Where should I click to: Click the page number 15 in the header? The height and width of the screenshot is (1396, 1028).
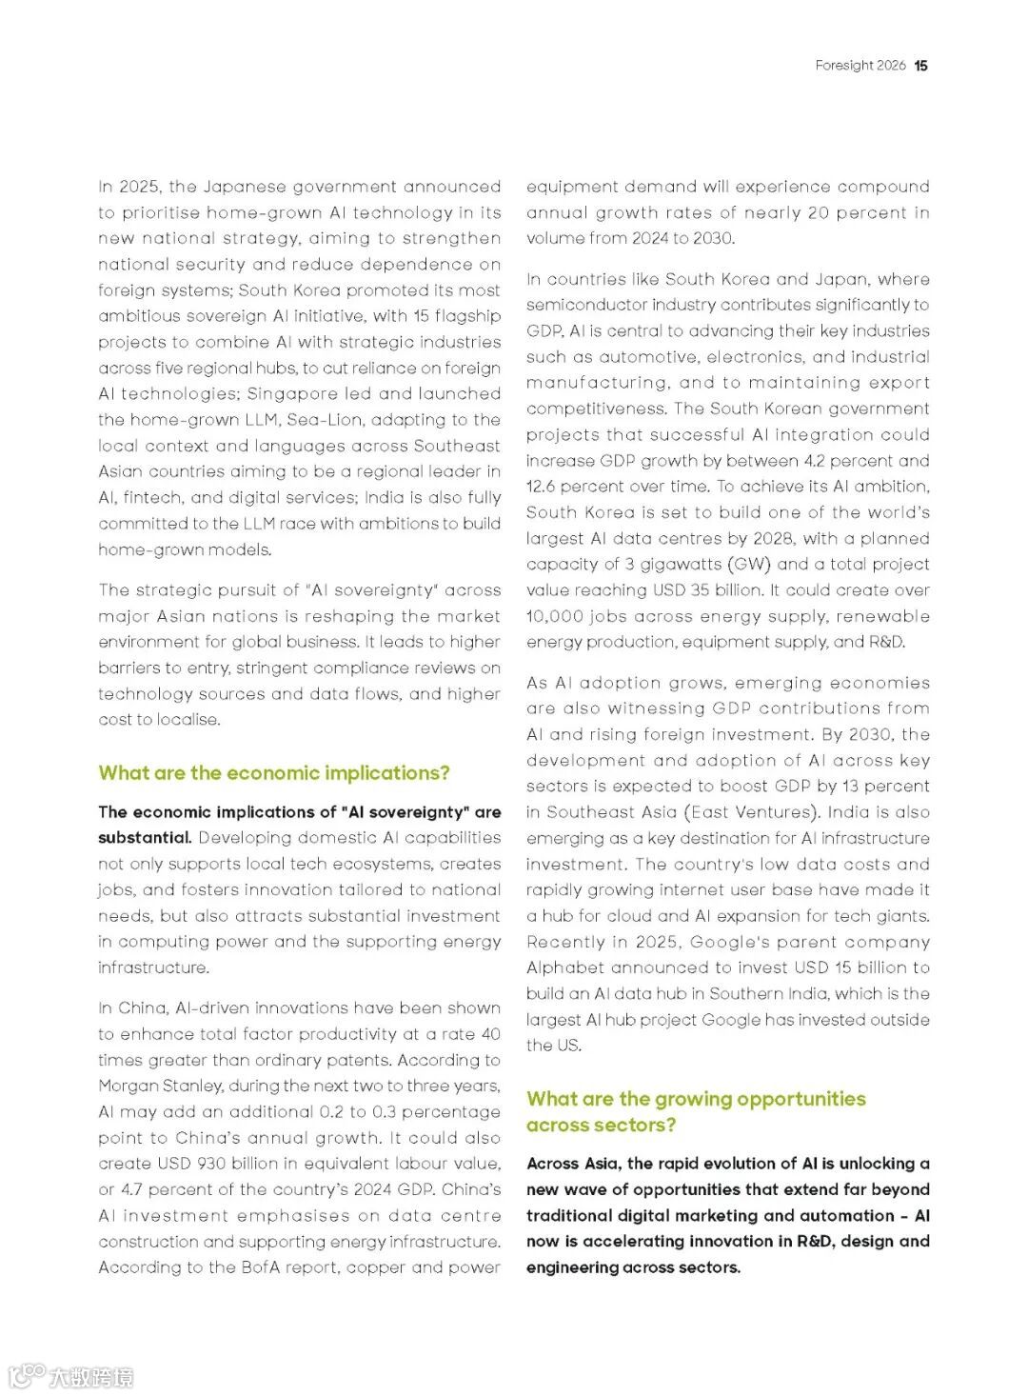[920, 66]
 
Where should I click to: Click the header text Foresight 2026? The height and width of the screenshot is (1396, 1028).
[860, 66]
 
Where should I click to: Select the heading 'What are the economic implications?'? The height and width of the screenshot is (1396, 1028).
[274, 773]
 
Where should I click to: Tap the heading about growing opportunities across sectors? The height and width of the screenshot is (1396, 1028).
[696, 1111]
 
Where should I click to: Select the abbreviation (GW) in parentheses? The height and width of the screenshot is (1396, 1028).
[727, 565]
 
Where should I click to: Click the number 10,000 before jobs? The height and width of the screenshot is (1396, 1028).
[553, 616]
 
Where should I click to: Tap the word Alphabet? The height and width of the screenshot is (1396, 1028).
[565, 968]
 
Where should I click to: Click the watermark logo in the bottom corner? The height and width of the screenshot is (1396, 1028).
[71, 1376]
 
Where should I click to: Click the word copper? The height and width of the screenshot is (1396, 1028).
[381, 1267]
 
